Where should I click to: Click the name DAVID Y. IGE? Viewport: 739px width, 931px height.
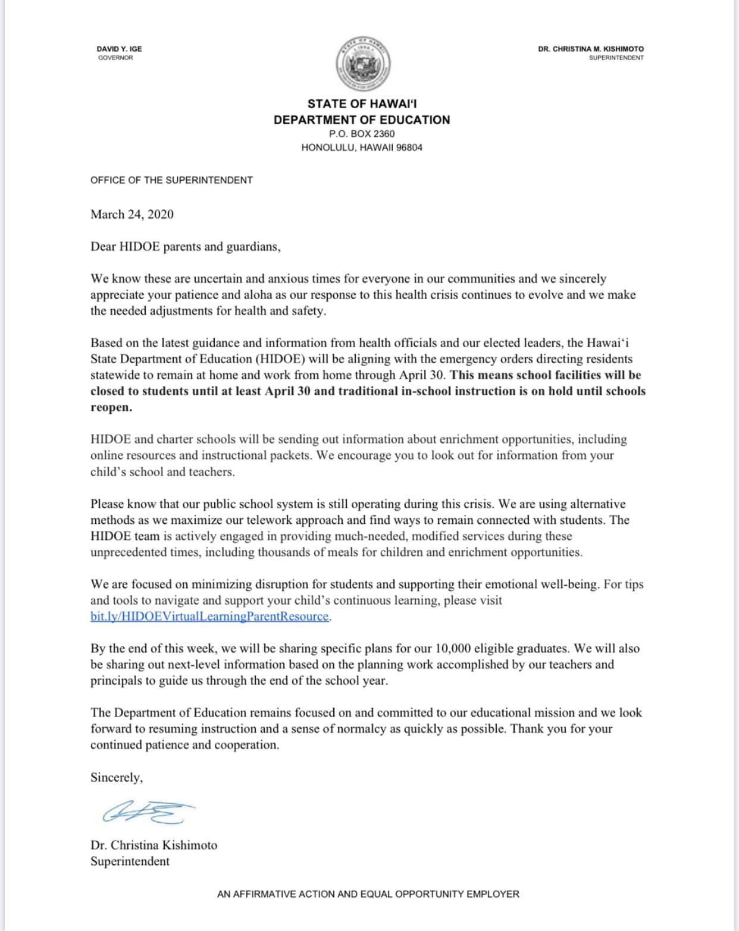(x=119, y=49)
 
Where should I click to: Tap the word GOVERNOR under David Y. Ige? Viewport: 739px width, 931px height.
(x=115, y=58)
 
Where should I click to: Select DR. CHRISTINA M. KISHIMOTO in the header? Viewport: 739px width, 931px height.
(x=590, y=49)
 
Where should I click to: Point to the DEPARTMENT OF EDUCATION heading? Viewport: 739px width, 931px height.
(x=362, y=119)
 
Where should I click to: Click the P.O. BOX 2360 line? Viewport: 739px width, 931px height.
(x=362, y=134)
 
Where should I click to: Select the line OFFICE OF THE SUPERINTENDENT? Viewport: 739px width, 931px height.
(x=171, y=180)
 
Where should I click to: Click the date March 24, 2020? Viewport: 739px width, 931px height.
(x=132, y=215)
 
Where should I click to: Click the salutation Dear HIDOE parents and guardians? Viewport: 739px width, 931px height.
(x=185, y=246)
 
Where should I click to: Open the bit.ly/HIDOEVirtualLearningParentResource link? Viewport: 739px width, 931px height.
(x=209, y=617)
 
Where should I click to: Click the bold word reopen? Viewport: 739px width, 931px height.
(x=111, y=408)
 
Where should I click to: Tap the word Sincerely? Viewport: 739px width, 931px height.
(x=116, y=778)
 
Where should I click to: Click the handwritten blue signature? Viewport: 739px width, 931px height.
(x=149, y=812)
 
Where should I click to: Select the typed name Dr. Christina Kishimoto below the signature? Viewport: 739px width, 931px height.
(x=154, y=845)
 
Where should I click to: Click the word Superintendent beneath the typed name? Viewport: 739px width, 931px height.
(x=130, y=861)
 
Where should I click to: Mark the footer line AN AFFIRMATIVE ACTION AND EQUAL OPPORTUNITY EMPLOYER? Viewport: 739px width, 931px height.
(x=368, y=894)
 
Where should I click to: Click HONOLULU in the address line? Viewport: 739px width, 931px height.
(x=328, y=147)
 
